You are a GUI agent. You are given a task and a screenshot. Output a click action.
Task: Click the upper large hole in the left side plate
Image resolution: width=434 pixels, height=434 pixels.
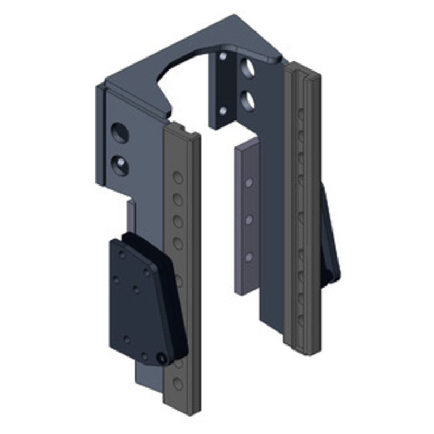[119, 132]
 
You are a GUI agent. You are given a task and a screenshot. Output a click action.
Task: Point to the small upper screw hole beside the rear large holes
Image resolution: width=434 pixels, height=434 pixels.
[223, 56]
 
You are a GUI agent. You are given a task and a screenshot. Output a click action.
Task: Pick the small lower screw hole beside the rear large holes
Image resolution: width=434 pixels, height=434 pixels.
[223, 111]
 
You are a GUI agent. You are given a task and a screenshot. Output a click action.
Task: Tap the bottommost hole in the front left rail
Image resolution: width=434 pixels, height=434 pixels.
[178, 384]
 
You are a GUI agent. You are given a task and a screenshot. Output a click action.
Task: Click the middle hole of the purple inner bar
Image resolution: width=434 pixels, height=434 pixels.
[248, 220]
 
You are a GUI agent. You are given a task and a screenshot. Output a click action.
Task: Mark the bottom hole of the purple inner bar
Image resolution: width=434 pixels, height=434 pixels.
[248, 257]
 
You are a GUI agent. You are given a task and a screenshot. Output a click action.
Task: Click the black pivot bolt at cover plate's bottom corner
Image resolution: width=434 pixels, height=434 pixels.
[161, 359]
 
